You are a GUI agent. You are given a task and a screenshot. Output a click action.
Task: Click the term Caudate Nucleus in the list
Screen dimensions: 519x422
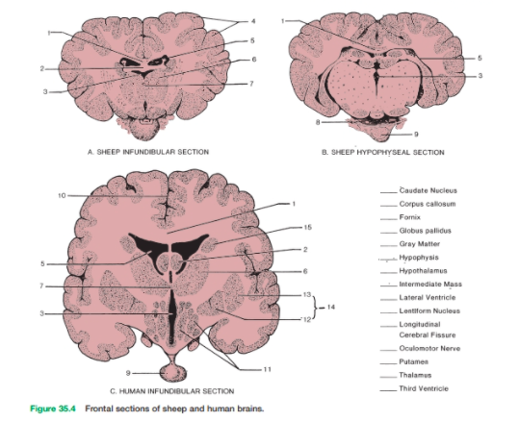(428, 190)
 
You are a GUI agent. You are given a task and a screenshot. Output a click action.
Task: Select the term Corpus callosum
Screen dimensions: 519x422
(428, 204)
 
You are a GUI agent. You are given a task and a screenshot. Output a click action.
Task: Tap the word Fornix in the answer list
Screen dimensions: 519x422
(410, 217)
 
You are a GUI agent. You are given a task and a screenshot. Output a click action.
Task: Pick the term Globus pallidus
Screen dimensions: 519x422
(425, 231)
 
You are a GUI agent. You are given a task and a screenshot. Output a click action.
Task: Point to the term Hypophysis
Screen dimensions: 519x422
(419, 258)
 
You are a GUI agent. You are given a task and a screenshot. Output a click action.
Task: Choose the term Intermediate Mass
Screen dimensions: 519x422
(430, 285)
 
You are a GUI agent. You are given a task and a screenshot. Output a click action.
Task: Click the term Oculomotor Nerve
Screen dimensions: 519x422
(429, 348)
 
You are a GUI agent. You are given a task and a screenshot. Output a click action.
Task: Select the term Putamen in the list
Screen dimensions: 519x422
(414, 361)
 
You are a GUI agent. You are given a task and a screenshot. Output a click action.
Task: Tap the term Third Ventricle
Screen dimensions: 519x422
(424, 388)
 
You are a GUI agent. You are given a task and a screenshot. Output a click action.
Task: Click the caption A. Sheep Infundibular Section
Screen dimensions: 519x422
(148, 152)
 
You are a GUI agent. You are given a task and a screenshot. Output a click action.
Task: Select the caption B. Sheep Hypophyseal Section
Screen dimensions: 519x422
(383, 152)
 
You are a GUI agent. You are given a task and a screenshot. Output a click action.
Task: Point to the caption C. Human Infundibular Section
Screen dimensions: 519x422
(172, 391)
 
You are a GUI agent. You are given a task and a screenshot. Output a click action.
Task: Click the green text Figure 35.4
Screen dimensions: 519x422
(53, 409)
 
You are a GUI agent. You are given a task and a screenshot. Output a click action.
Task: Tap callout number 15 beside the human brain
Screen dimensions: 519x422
(308, 227)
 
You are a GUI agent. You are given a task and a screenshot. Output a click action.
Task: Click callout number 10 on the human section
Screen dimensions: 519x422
(62, 196)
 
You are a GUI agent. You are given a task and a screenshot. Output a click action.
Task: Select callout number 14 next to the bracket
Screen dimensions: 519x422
(331, 307)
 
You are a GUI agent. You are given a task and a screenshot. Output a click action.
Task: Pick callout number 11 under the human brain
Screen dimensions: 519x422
(267, 369)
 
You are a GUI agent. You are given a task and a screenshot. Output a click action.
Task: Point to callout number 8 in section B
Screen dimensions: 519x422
(318, 122)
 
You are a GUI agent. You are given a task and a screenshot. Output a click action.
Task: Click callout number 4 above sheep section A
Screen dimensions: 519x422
(253, 21)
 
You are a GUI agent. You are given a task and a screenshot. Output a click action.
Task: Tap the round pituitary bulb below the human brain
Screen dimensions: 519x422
(172, 373)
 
